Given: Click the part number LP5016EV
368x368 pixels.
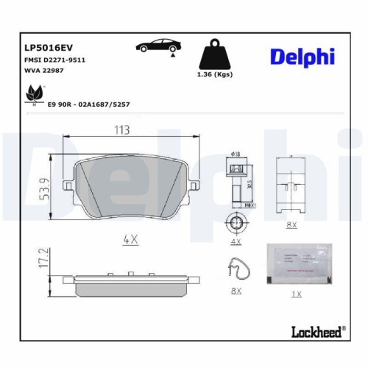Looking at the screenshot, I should click(x=45, y=46).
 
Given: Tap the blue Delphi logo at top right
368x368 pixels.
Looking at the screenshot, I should click(x=302, y=57).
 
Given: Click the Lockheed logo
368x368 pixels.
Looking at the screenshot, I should click(x=317, y=332).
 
